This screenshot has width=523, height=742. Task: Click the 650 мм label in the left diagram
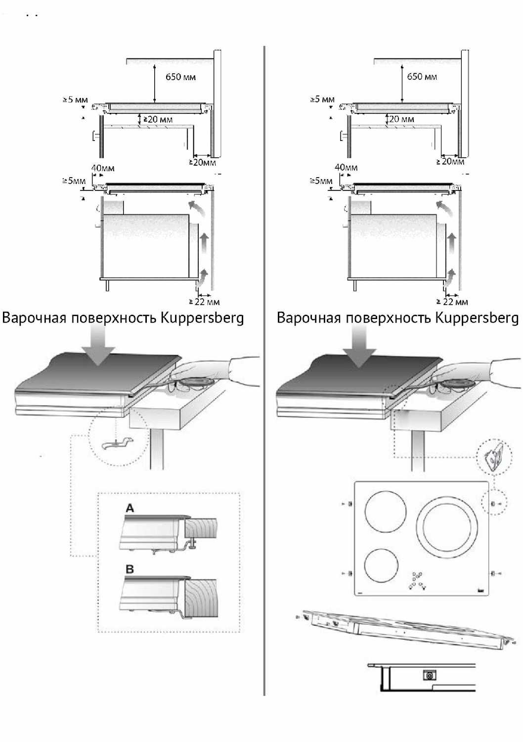coord(180,77)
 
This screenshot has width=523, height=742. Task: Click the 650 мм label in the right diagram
coord(422,77)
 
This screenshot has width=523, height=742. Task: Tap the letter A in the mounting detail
coord(130,508)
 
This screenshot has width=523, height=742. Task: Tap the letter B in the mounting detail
coord(130,569)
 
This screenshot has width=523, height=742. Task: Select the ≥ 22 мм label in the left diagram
coord(204,302)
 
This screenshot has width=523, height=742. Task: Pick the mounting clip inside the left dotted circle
coord(117,443)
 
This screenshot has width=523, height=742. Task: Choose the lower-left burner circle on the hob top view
coord(382,566)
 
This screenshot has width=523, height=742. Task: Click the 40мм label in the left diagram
coord(103,168)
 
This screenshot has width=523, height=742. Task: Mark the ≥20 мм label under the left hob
coord(158,120)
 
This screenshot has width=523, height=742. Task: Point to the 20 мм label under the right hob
coord(401,119)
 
